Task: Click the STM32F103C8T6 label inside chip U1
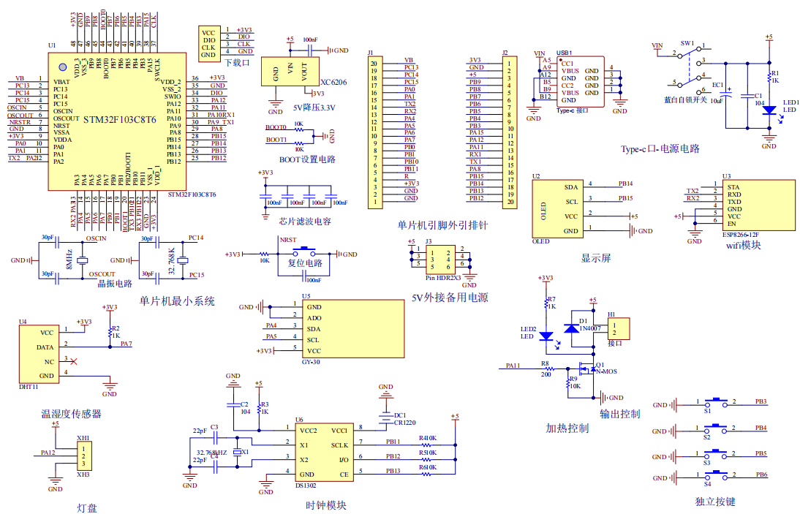point(119,119)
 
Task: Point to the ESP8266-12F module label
point(741,235)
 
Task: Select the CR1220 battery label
point(404,423)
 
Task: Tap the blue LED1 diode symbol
point(769,110)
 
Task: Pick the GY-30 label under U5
point(311,362)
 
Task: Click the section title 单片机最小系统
point(177,301)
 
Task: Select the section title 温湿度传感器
point(71,414)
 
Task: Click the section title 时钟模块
point(325,505)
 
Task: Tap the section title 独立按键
point(714,502)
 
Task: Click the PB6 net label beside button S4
point(761,475)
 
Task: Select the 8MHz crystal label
point(69,260)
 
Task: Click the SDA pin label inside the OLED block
point(571,186)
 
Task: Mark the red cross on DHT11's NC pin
point(73,360)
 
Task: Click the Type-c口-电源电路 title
point(660,148)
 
